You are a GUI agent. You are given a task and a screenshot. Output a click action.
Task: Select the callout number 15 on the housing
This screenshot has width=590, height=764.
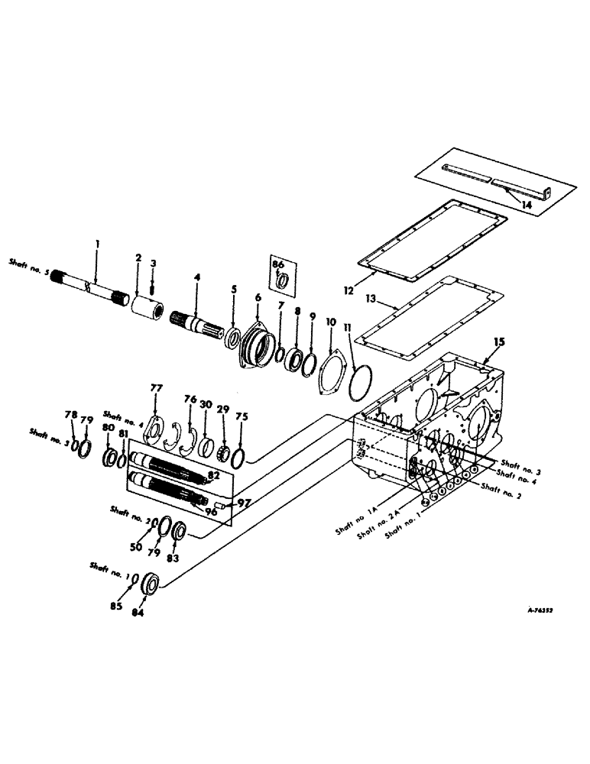click(498, 346)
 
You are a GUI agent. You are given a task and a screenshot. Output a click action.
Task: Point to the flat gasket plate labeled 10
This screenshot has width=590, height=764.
click(331, 362)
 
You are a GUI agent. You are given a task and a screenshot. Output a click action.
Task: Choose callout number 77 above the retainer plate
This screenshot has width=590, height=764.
click(157, 389)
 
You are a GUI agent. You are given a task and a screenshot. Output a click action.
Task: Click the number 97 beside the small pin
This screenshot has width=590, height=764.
click(243, 504)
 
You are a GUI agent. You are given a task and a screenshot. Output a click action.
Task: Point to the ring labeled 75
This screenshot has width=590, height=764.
click(240, 458)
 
